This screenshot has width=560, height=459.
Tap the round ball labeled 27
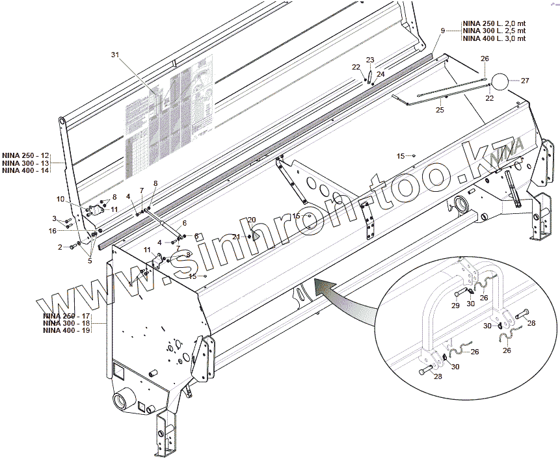tap(501, 81)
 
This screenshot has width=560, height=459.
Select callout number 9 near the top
tap(443, 31)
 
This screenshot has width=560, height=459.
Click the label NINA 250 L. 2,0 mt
tap(494, 23)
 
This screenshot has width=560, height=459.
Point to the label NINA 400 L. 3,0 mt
tap(494, 39)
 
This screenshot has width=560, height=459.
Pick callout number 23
tap(370, 60)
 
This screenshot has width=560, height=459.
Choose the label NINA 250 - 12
tap(26, 155)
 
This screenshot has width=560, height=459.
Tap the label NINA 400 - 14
tap(26, 170)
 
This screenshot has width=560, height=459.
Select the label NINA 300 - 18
tap(66, 322)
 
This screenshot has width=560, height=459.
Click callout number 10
tap(60, 199)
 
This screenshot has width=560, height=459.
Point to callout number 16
tap(53, 231)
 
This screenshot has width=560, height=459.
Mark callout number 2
tap(60, 247)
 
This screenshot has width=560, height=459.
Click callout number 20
tap(252, 220)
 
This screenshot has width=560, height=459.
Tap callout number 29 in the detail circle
tap(455, 305)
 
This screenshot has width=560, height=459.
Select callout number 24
tap(381, 75)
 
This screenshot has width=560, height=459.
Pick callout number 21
tap(237, 237)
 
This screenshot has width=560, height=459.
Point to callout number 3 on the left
tap(55, 218)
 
